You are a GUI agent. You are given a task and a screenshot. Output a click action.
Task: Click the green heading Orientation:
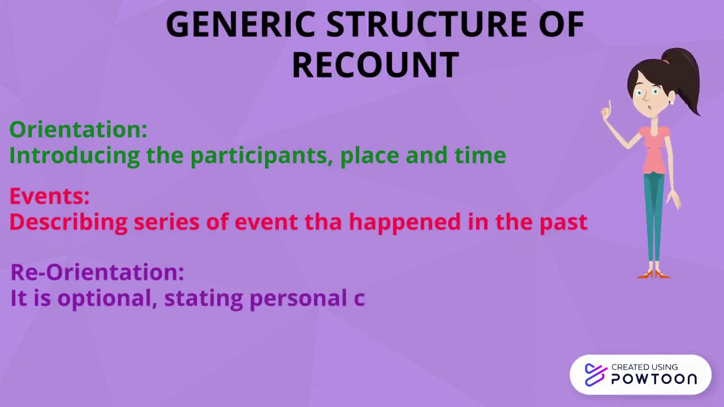(79, 129)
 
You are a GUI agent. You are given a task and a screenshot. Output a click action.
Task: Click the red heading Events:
(50, 196)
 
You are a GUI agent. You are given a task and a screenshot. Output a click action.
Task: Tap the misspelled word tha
(323, 222)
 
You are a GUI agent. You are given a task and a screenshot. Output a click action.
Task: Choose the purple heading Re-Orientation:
(97, 272)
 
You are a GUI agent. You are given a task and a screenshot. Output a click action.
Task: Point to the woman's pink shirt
(655, 150)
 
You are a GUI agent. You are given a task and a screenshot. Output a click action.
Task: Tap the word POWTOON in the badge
(654, 379)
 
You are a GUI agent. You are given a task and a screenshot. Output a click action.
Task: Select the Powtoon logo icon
(595, 375)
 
